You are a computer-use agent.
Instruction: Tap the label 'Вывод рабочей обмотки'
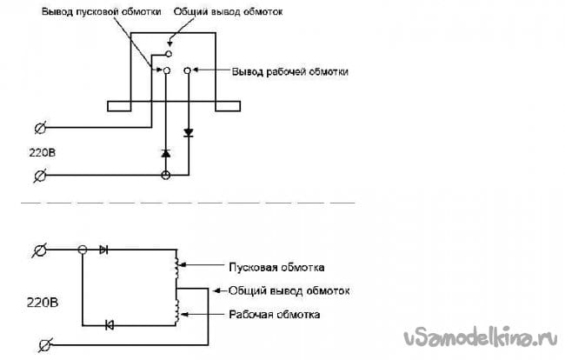pos(290,71)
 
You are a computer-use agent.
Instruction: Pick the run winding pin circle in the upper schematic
pos(188,71)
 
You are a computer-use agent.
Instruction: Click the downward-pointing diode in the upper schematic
pos(187,133)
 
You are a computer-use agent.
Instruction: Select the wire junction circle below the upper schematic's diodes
pos(166,176)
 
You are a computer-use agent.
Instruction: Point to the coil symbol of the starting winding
pos(177,263)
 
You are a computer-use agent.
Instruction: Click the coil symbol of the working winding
pos(177,310)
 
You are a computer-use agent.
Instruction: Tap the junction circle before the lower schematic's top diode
pos(83,250)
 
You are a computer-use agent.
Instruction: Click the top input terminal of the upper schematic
pos(40,129)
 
